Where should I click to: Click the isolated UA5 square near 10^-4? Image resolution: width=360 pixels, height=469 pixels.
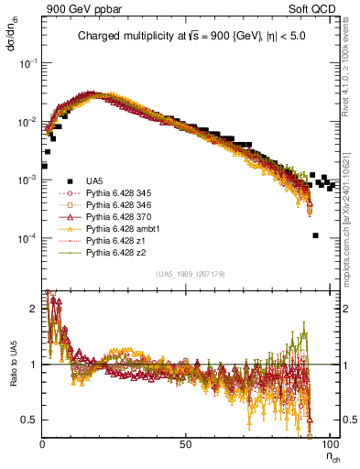(316, 235)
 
